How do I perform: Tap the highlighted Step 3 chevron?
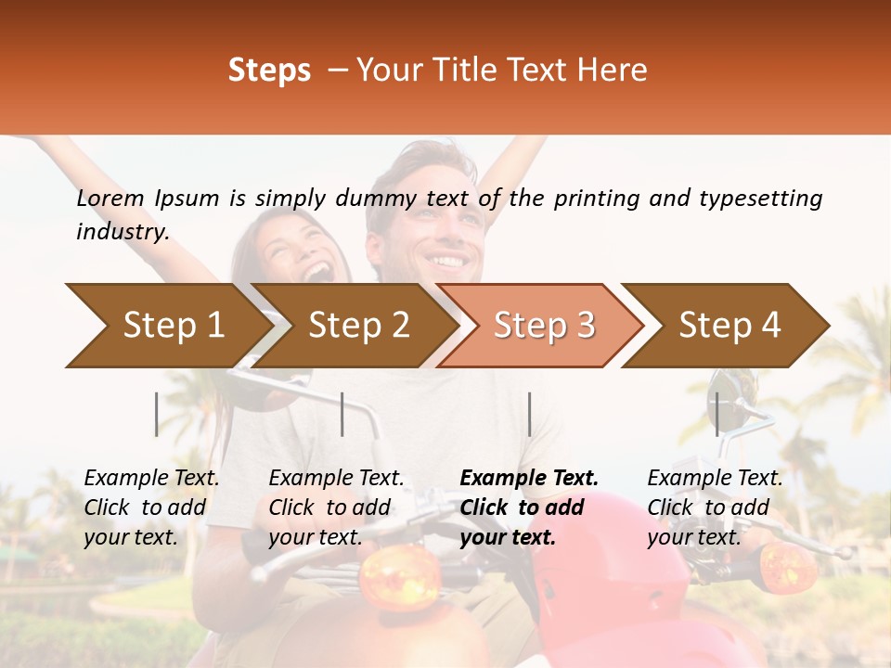click(544, 326)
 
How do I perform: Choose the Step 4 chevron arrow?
click(730, 326)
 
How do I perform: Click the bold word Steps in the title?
click(269, 71)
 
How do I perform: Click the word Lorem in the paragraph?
click(110, 199)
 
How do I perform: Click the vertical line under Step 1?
click(157, 414)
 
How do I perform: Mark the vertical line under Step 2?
click(342, 414)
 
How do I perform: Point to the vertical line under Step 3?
click(529, 414)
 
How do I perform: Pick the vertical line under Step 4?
click(717, 414)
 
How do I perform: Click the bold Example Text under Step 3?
click(529, 479)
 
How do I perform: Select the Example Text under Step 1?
click(151, 479)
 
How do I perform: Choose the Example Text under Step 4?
click(715, 479)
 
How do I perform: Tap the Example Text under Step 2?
click(336, 479)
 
